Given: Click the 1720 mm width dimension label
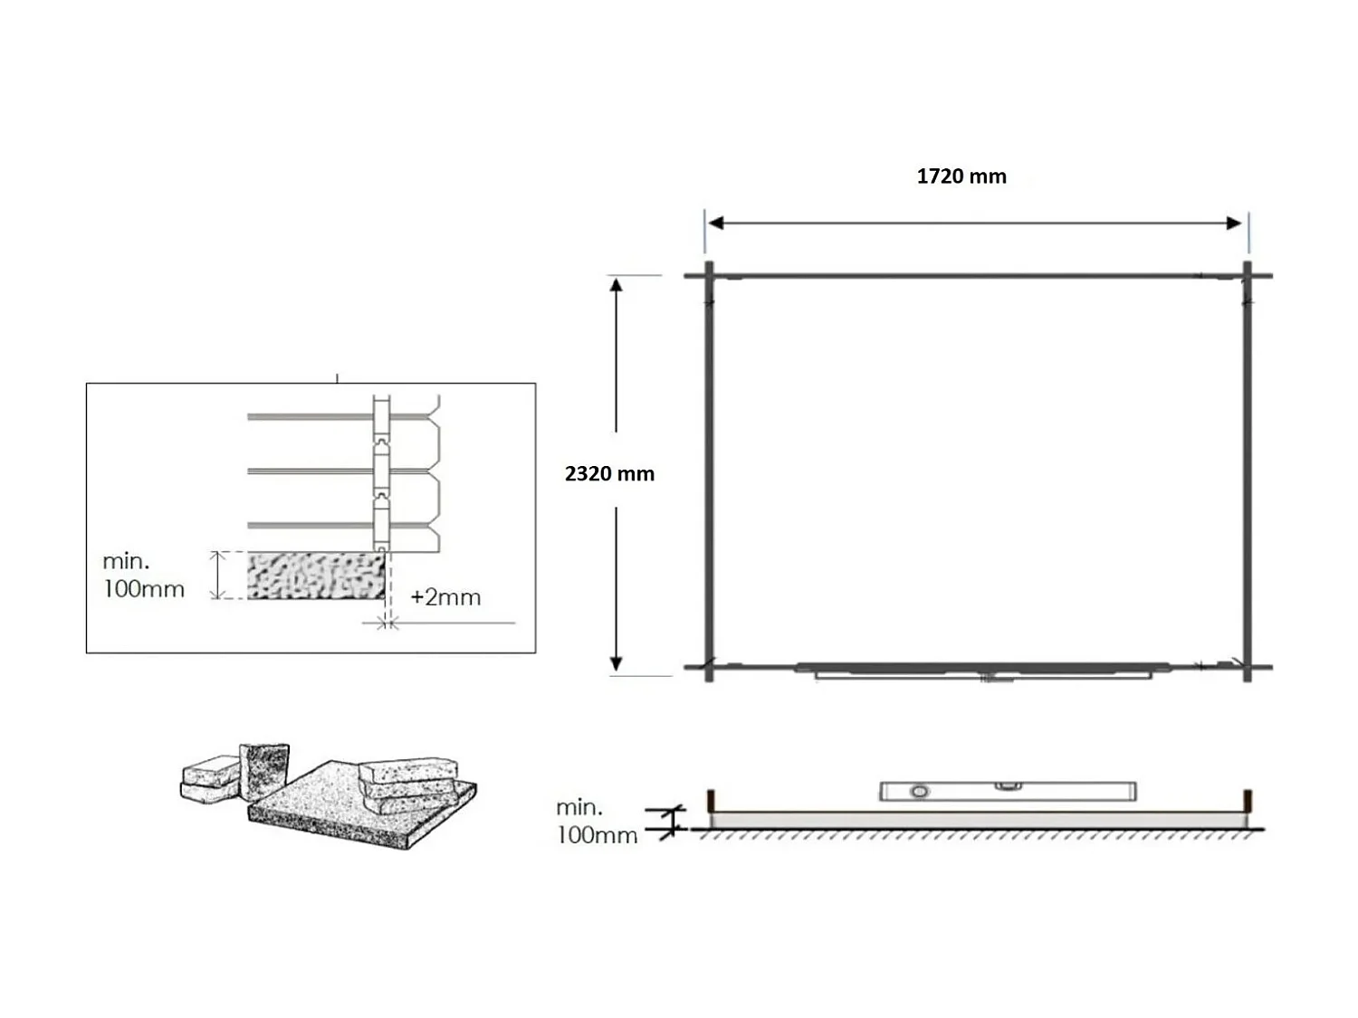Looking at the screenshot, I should [961, 176].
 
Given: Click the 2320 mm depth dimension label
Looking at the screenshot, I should [609, 473].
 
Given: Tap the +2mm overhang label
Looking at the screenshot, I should [445, 597].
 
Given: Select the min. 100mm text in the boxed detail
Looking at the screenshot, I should [143, 576].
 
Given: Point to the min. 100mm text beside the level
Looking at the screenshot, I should [597, 821].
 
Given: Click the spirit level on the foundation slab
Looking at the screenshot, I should [1008, 791].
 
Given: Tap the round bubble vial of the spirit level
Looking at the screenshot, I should [919, 792].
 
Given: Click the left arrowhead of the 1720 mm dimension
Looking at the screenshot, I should [715, 224].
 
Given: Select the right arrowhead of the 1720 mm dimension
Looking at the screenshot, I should [1234, 224].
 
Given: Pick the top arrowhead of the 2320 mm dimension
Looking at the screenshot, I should [616, 286].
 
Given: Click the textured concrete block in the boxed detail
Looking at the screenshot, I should [316, 576].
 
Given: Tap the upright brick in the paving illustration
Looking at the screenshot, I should [263, 770].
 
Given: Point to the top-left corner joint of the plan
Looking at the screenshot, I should [709, 275].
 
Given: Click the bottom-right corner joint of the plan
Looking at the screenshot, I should [1247, 668].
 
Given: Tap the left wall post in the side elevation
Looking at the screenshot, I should [712, 801].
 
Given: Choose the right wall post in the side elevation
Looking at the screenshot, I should [1248, 801].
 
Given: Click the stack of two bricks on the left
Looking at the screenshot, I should [210, 781].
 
